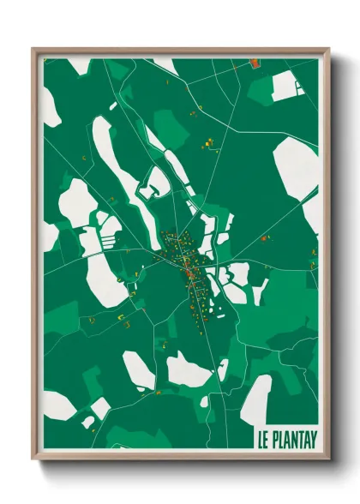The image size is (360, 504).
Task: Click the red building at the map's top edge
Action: pos(255,61)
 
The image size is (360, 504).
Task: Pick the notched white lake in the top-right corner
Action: pos(286,86)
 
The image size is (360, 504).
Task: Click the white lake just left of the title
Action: pos(254,397)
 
